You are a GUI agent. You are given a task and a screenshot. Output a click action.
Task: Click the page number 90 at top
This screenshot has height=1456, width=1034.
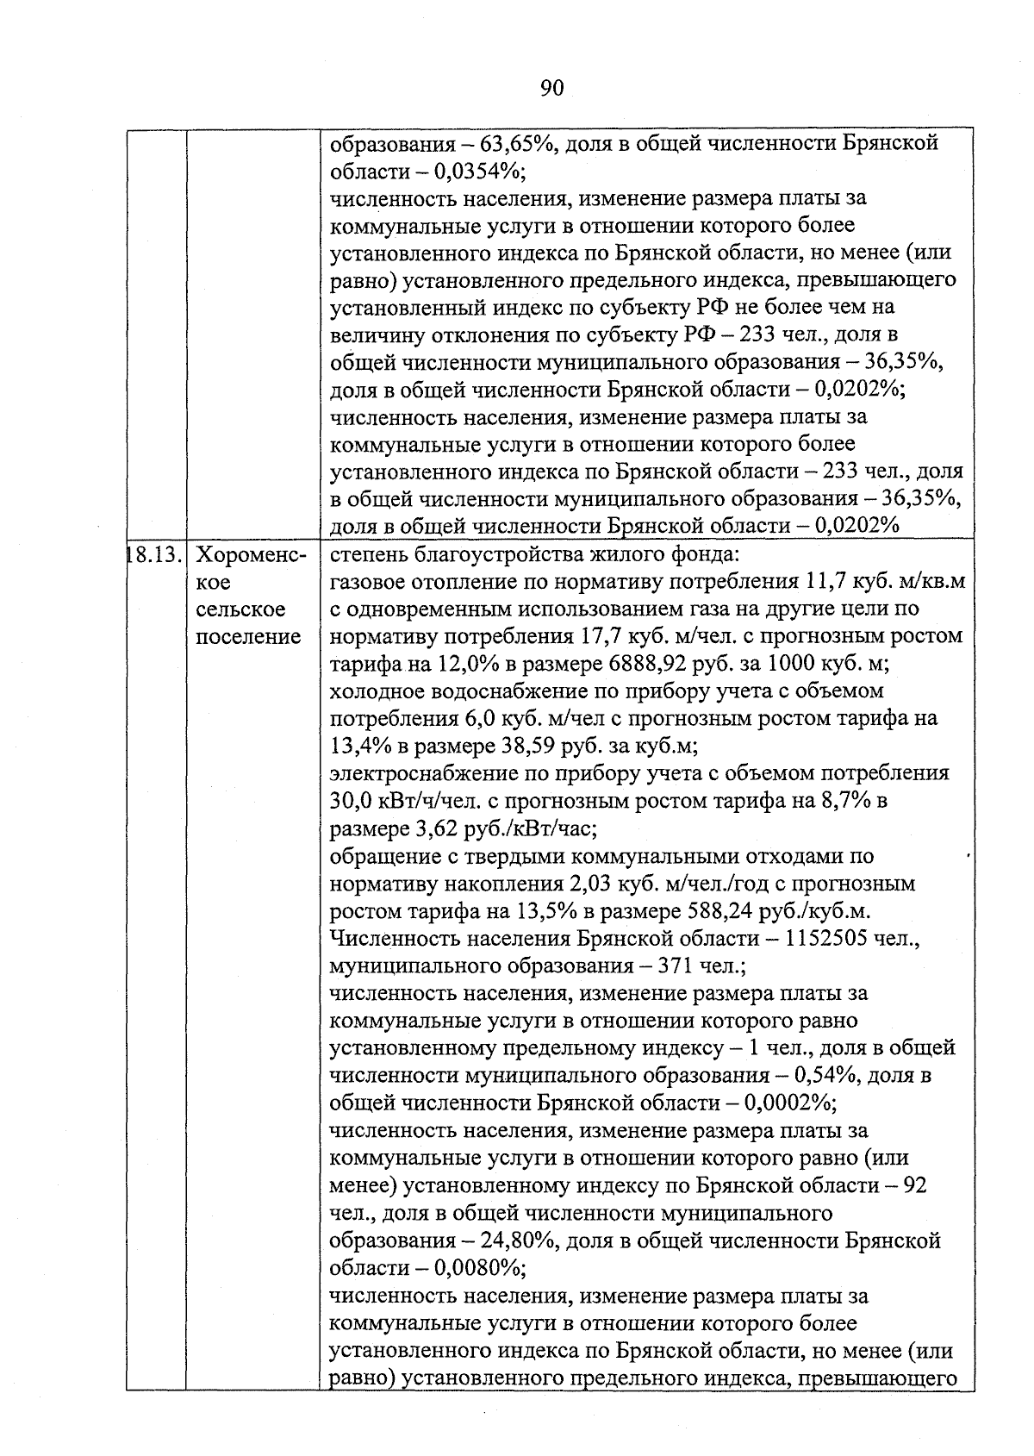(551, 88)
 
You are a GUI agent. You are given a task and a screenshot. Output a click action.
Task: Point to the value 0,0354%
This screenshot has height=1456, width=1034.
(479, 171)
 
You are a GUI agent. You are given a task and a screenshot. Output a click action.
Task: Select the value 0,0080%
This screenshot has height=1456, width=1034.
(479, 1269)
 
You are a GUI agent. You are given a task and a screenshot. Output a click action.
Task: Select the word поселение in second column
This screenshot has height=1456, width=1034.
(248, 637)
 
